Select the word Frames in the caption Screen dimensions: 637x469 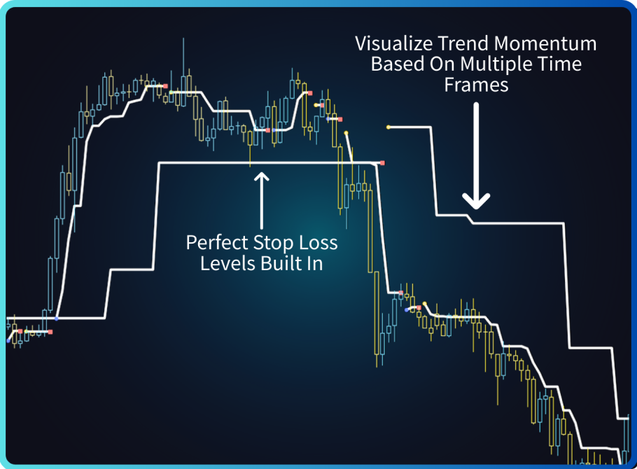[476, 85]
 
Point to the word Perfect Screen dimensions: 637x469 [217, 243]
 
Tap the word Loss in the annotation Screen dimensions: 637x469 [318, 243]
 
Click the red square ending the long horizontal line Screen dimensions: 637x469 [382, 163]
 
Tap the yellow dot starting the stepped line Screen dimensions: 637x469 [388, 127]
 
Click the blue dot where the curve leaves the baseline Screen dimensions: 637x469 [57, 319]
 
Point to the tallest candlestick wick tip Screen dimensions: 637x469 [183, 38]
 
